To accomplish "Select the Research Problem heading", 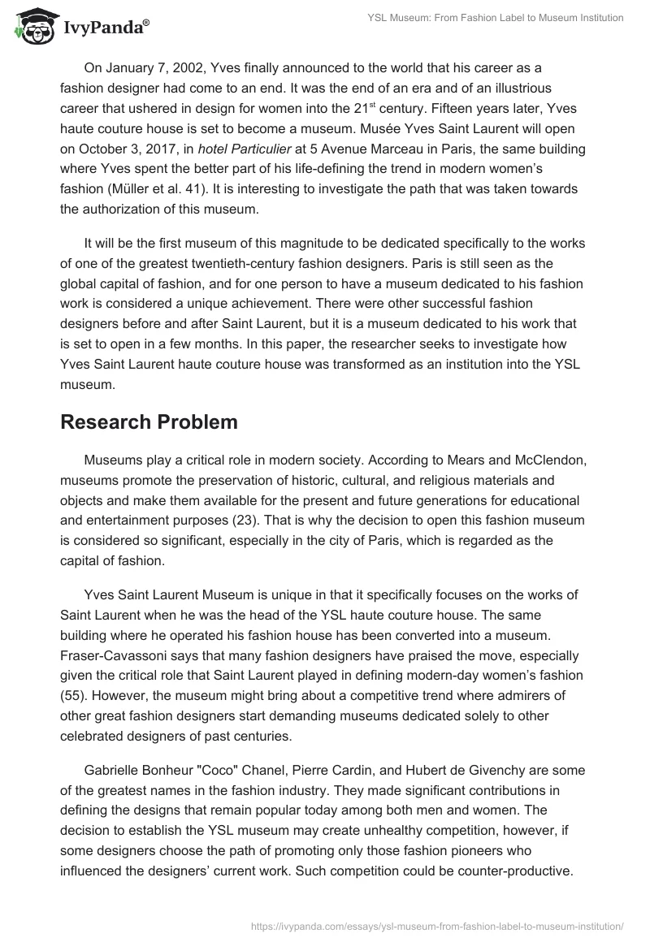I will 149,422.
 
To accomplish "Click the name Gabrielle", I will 112,769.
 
